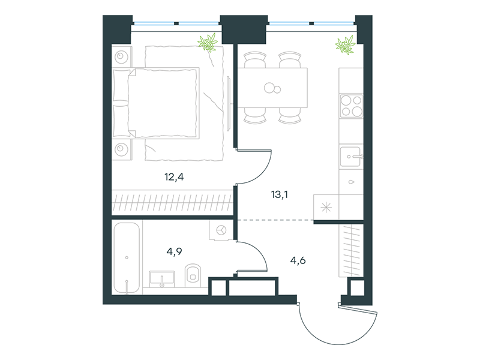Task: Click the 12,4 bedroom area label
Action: pos(174,177)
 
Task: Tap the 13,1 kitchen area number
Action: pos(280,194)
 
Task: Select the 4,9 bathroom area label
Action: pos(174,251)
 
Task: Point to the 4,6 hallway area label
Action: pos(298,260)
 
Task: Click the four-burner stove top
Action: pos(352,106)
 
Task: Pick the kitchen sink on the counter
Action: pos(351,157)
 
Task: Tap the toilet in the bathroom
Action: pos(193,275)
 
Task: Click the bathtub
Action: pos(127,258)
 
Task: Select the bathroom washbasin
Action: pos(162,279)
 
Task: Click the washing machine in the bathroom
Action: pos(221,230)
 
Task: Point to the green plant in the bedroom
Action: pos(208,43)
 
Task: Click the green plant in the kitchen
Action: pos(346,46)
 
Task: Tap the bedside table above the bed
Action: pos(122,56)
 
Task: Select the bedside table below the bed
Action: pos(122,149)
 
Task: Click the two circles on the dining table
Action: pos(272,88)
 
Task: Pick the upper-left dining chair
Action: pos(254,59)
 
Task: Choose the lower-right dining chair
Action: pos(290,116)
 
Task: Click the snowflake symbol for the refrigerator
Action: pos(326,208)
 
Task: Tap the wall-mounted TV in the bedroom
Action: pos(229,103)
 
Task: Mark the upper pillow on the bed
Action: pos(121,85)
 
